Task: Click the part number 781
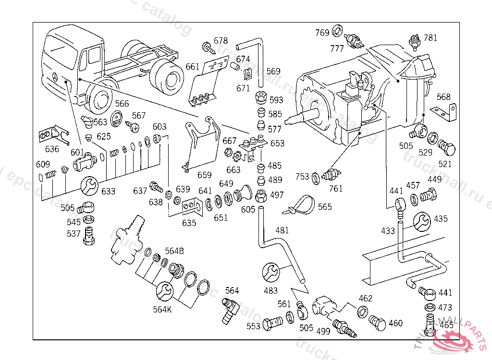pos(430,38)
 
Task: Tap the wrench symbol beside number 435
pos(422,220)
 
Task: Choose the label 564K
pos(162,309)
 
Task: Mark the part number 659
pos(204,175)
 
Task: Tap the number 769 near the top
pos(322,33)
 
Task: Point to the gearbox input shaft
pos(300,117)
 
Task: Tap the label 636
pos(52,149)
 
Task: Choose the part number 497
pos(277,195)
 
